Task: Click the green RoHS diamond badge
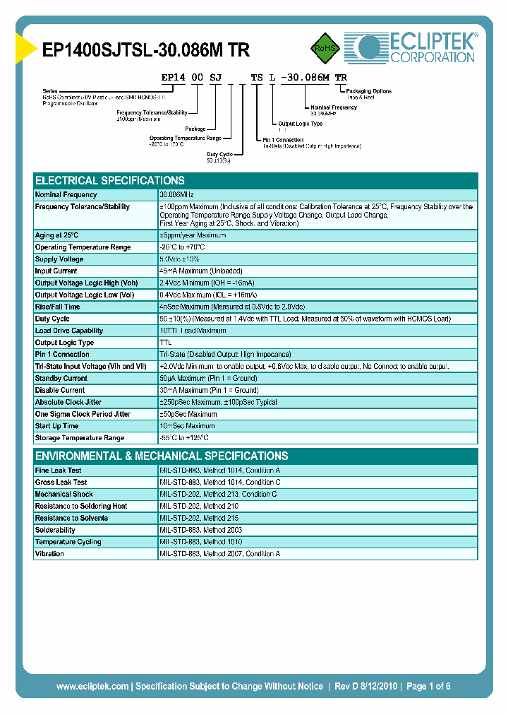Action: pyautogui.click(x=326, y=49)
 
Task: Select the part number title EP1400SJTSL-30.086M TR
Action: pyautogui.click(x=146, y=49)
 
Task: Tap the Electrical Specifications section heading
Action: pyautogui.click(x=110, y=180)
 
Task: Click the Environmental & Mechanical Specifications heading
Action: pyautogui.click(x=162, y=456)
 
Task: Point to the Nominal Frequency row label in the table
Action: pyautogui.click(x=66, y=194)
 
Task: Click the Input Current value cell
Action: pyautogui.click(x=201, y=271)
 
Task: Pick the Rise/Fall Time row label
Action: pyautogui.click(x=58, y=307)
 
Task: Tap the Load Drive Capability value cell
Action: pyautogui.click(x=193, y=331)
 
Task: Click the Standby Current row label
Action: pyautogui.click(x=61, y=378)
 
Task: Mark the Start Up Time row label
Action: pyautogui.click(x=57, y=426)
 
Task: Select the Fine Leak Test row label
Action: pyautogui.click(x=58, y=470)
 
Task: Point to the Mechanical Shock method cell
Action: pyautogui.click(x=218, y=494)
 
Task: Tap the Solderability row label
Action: pyautogui.click(x=55, y=530)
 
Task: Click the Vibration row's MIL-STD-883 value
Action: pyautogui.click(x=219, y=554)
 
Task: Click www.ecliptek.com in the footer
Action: pyautogui.click(x=92, y=686)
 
